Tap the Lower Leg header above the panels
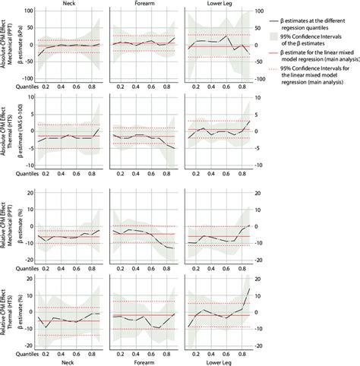tap(219, 4)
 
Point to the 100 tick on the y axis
tap(27, 11)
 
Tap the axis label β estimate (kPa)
tap(17, 46)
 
